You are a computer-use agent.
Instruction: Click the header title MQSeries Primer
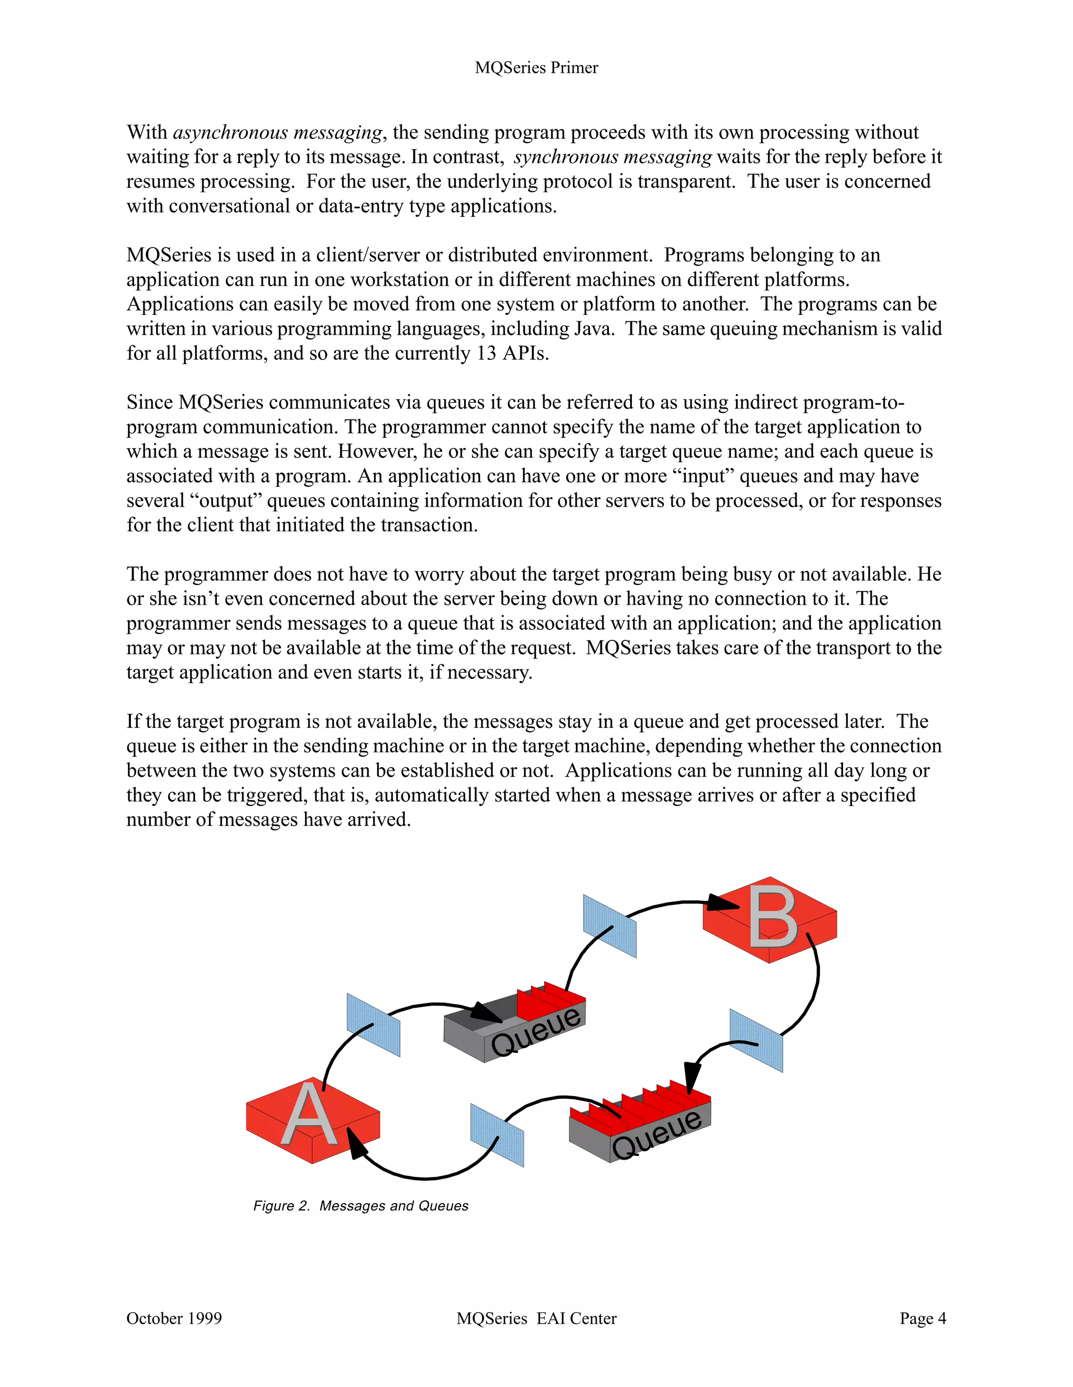(536, 68)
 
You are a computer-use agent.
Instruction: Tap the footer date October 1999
(174, 1318)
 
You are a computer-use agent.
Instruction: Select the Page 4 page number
(923, 1318)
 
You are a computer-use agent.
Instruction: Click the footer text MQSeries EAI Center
(536, 1318)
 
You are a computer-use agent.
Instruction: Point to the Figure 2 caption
(360, 1206)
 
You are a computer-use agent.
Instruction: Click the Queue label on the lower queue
(657, 1135)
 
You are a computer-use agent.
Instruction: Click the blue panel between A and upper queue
(374, 1024)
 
